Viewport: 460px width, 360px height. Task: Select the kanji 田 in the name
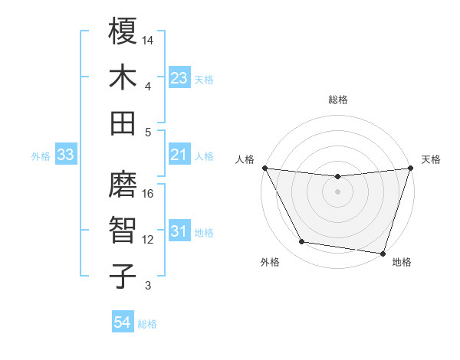click(x=123, y=123)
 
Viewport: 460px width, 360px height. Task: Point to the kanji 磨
click(x=123, y=184)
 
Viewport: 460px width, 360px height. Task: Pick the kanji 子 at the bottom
click(x=123, y=276)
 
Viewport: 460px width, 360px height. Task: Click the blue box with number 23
click(x=179, y=78)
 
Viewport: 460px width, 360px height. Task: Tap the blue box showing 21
click(x=179, y=155)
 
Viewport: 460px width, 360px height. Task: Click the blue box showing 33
click(x=66, y=155)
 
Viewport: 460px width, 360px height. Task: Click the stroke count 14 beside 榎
click(x=149, y=38)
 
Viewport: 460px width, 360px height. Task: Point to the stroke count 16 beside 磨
click(x=149, y=194)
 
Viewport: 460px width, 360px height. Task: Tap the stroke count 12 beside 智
click(x=149, y=240)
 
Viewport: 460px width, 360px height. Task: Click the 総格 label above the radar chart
click(x=338, y=100)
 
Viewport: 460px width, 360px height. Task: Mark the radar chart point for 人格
click(x=265, y=168)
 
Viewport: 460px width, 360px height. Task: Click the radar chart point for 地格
click(x=383, y=253)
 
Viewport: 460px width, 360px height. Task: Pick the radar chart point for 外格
click(x=302, y=242)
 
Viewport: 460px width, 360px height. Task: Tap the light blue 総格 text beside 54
click(x=147, y=323)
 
